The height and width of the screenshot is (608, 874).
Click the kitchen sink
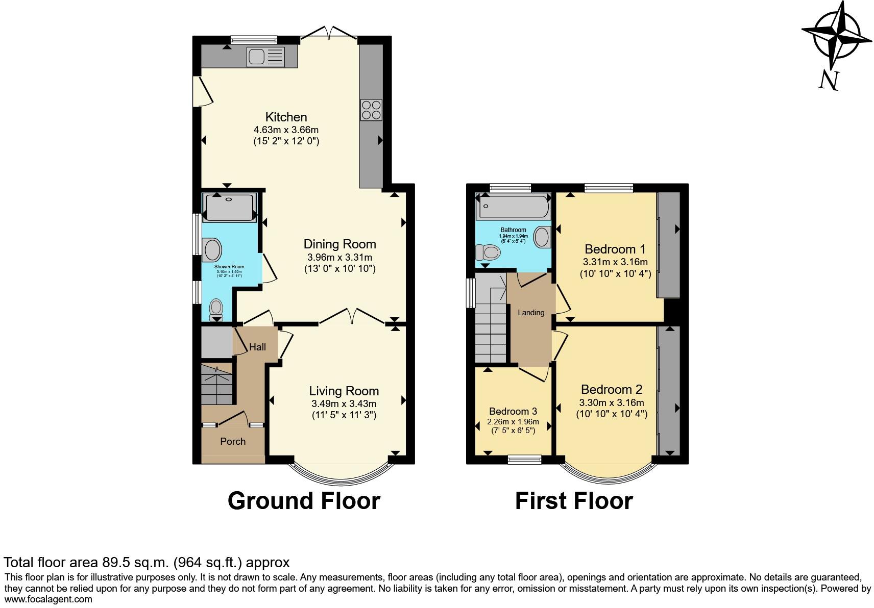point(265,57)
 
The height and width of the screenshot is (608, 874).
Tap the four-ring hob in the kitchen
point(371,110)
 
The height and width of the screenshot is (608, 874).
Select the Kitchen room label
point(286,117)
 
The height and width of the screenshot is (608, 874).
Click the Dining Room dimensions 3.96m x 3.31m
point(339,257)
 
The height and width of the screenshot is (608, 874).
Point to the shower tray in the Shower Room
point(229,207)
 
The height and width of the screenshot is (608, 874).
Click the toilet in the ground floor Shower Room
point(216,309)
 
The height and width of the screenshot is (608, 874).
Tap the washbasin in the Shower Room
point(212,250)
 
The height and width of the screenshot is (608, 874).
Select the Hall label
point(257,347)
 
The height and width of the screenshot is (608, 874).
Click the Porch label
point(233,441)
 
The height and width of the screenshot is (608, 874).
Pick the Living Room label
point(344,391)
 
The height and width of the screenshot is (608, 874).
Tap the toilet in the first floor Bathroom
point(488,252)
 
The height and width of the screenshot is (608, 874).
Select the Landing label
point(531,312)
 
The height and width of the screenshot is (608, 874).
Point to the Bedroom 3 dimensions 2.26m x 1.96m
point(513,422)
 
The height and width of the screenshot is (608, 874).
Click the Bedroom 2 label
point(612,389)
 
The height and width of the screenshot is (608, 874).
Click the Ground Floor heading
point(304,501)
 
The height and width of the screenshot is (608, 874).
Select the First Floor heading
point(574,501)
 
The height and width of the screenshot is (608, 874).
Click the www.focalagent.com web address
point(48,599)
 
